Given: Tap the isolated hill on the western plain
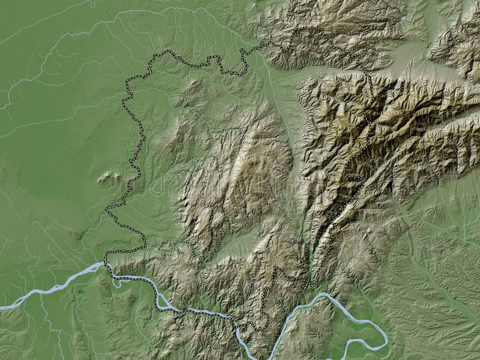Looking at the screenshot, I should [110, 177].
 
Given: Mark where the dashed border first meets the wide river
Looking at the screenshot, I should [106, 263].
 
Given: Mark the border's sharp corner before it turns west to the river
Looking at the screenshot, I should [145, 247].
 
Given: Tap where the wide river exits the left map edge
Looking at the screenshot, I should [2, 307].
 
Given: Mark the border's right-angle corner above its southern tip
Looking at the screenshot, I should [274, 268].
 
